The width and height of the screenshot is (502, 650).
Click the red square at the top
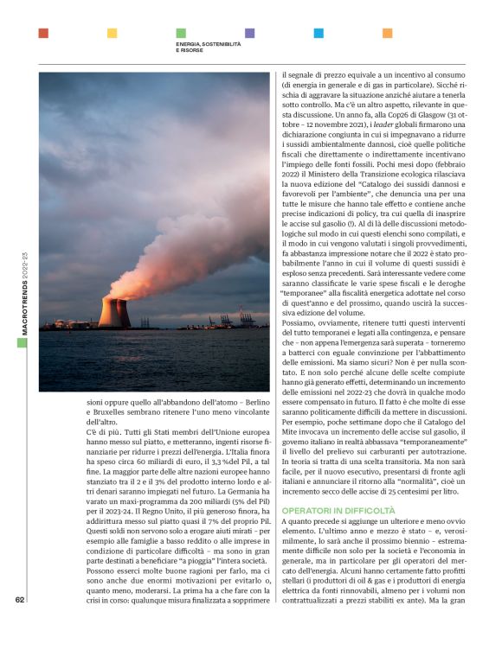click(x=43, y=33)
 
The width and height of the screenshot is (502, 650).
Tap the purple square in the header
click(x=249, y=33)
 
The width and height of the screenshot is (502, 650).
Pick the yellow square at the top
click(x=112, y=33)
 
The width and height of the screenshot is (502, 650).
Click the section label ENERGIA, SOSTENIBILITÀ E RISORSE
click(x=209, y=46)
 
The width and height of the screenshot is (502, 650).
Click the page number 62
click(x=20, y=627)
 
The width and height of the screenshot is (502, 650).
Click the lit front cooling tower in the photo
click(x=110, y=312)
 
